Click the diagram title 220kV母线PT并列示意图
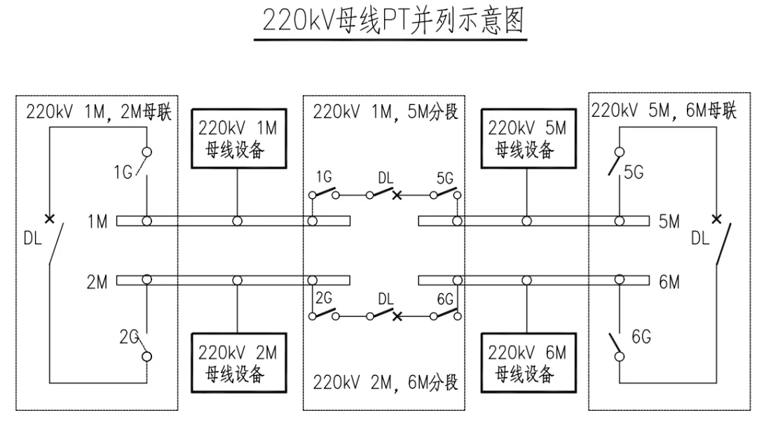[393, 21]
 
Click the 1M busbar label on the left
[97, 222]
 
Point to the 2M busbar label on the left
[97, 281]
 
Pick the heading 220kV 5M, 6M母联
[664, 111]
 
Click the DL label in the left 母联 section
[32, 238]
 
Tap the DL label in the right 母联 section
[700, 239]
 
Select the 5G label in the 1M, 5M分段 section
[444, 179]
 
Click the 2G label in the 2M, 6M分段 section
[324, 298]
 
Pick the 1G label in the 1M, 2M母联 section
[124, 172]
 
